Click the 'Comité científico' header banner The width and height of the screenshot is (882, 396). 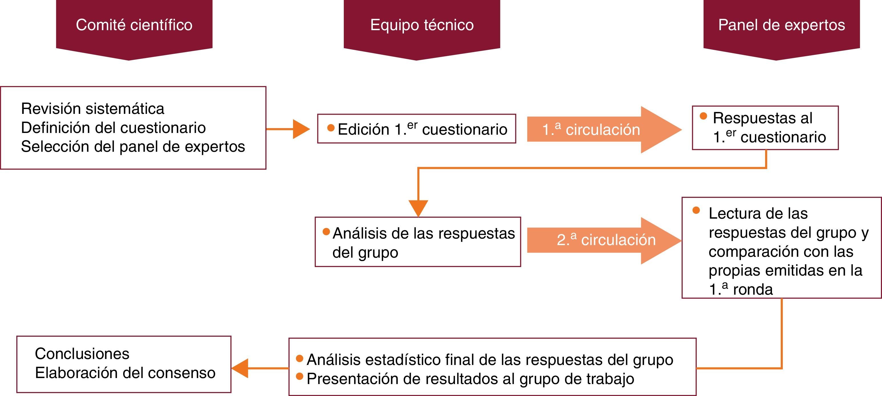click(x=134, y=26)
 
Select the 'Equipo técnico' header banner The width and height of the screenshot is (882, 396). click(x=422, y=26)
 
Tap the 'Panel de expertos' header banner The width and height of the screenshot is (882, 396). click(x=781, y=26)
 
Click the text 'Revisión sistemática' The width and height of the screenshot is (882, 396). click(x=92, y=109)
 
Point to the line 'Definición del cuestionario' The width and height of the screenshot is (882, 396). click(x=113, y=128)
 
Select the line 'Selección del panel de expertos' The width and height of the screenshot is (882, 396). click(x=133, y=147)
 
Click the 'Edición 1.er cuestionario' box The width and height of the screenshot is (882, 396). click(x=416, y=129)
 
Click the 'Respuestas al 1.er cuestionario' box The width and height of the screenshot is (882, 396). click(x=765, y=128)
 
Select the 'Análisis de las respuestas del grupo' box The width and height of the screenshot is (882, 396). click(x=418, y=242)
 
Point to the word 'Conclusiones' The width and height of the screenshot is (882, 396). click(x=82, y=354)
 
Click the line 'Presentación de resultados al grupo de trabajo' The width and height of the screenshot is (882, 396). click(x=470, y=379)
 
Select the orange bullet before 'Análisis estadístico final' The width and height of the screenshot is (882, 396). click(x=300, y=358)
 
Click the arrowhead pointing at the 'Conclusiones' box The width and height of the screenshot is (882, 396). click(x=240, y=368)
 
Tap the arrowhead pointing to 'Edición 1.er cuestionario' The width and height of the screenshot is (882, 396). click(x=301, y=129)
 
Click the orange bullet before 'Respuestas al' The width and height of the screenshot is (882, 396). click(x=704, y=116)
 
